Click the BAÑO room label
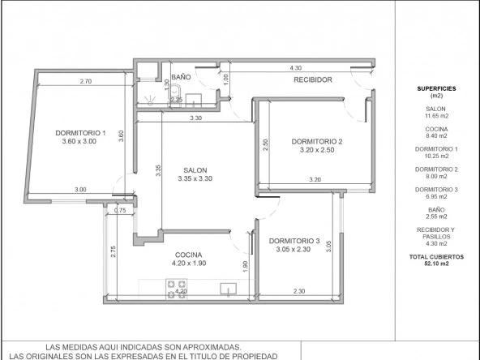coord(181,77)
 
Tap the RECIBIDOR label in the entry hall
coord(313,80)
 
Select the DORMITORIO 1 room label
coord(80,133)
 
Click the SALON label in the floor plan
coord(195,170)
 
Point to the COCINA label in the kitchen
coord(189,255)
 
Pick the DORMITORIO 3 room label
coord(294,242)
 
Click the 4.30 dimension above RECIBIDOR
coord(295,68)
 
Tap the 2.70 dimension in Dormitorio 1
coord(86,81)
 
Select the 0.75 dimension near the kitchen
coord(120,210)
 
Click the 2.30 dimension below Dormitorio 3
coord(299,291)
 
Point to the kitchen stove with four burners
coord(176,289)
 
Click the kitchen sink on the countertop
coord(229,289)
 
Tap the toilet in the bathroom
coord(175,93)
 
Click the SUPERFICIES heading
coord(436,88)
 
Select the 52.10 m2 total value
coord(436,264)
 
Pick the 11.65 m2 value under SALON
coord(436,116)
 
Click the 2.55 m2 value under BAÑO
coord(436,216)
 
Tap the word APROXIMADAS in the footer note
coord(212,348)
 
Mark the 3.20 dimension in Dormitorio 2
coord(315,180)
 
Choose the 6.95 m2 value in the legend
coord(436,196)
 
